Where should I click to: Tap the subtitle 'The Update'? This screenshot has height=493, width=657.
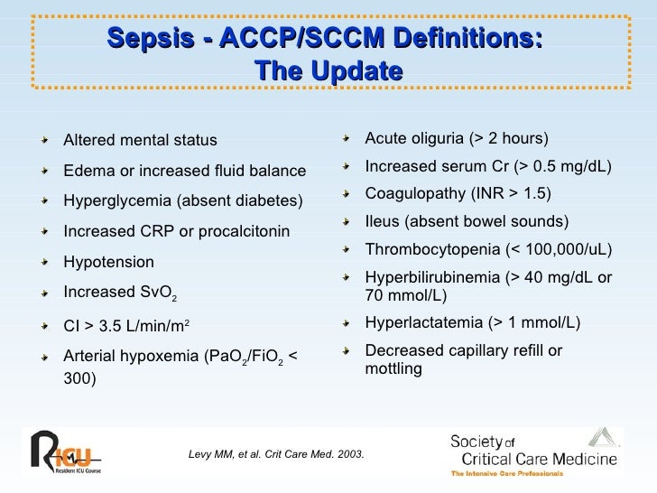[x=328, y=70]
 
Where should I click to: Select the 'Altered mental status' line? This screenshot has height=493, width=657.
[x=140, y=140]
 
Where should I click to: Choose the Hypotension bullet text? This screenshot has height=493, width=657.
[x=108, y=262]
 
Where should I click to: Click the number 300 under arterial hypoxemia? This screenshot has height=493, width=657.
[x=79, y=379]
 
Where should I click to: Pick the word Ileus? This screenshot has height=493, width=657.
[x=381, y=222]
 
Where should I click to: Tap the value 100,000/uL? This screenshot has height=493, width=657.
[x=565, y=249]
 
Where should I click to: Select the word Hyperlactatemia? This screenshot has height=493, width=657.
[x=421, y=322]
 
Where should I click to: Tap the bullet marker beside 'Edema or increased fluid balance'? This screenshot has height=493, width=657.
[x=46, y=171]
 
